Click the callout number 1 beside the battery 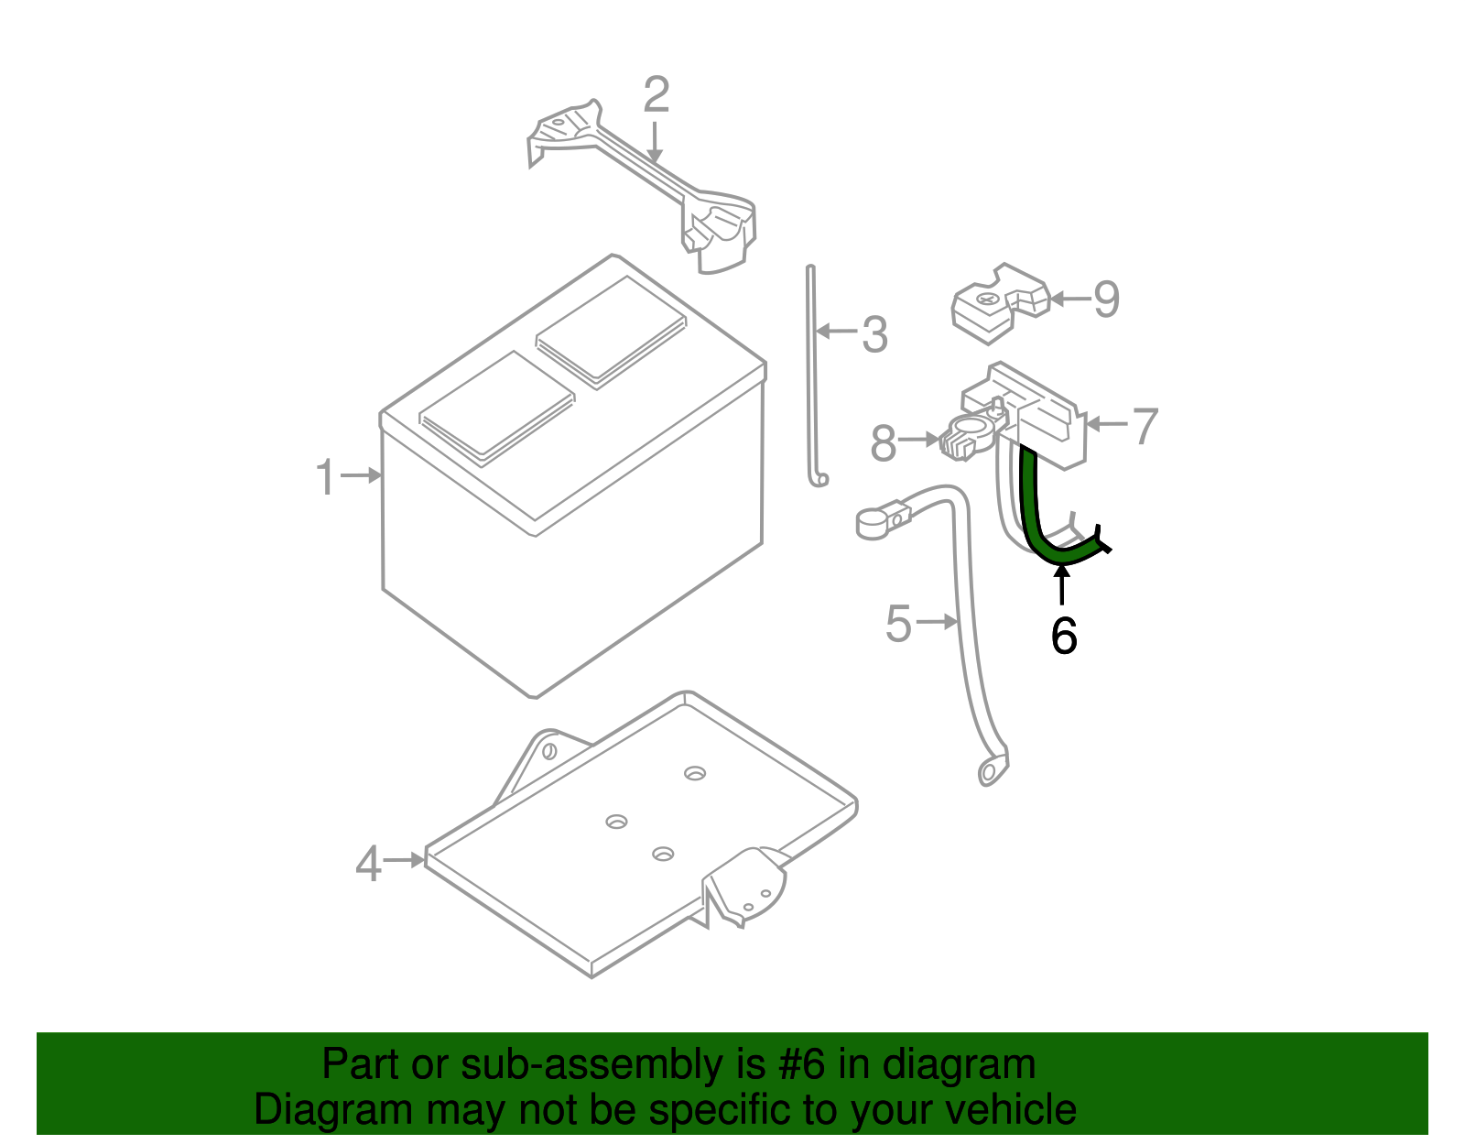(x=325, y=477)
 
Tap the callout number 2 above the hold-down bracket (x=657, y=95)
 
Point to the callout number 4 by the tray (x=367, y=864)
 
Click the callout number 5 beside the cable (x=898, y=624)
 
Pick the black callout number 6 (x=1063, y=636)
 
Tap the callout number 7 (x=1145, y=426)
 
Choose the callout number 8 (x=883, y=444)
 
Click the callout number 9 (x=1106, y=300)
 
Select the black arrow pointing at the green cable (x=1062, y=586)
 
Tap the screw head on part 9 (x=986, y=299)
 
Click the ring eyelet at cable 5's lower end (x=989, y=773)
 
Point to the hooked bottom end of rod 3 (x=820, y=479)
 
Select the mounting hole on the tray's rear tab (x=549, y=751)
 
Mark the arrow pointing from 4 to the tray (x=404, y=860)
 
